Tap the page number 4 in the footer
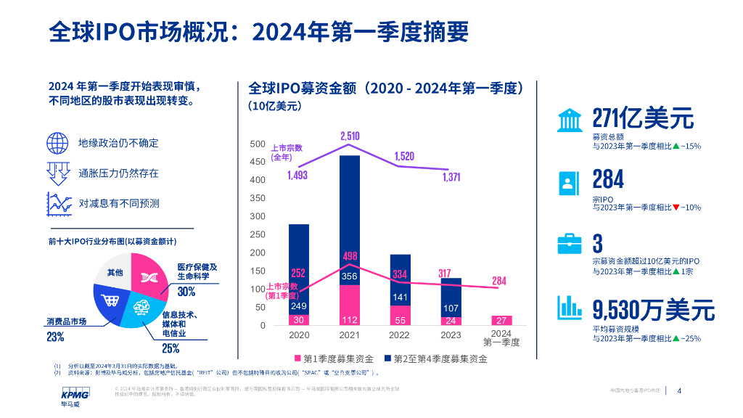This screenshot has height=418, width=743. (679, 391)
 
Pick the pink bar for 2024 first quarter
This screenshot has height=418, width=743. (501, 320)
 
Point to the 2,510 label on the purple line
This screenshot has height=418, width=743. (350, 136)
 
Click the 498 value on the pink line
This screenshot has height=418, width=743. (350, 256)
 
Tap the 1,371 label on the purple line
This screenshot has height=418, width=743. (451, 179)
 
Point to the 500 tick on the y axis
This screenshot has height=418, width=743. (257, 144)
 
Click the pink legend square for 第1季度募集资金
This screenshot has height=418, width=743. (297, 358)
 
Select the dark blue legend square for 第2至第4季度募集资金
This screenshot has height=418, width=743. (388, 358)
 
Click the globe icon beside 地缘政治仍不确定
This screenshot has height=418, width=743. (57, 143)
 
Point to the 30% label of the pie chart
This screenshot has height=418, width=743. (186, 292)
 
